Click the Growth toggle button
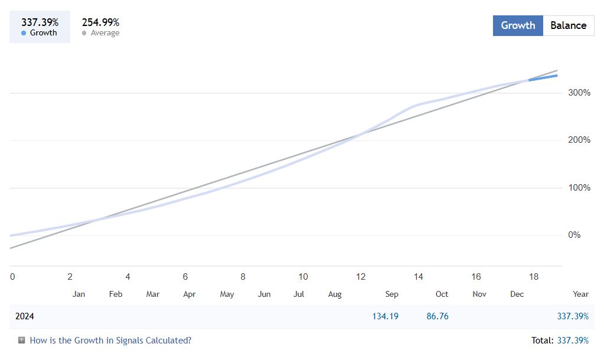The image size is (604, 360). pyautogui.click(x=518, y=25)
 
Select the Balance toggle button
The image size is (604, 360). pyautogui.click(x=568, y=25)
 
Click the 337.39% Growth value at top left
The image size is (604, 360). pyautogui.click(x=40, y=22)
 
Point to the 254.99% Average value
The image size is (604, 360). pyautogui.click(x=100, y=22)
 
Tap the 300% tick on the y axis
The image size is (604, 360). pyautogui.click(x=579, y=93)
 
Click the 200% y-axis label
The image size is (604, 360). pyautogui.click(x=579, y=140)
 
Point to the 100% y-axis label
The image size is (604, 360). pyautogui.click(x=579, y=188)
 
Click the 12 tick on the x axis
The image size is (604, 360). pyautogui.click(x=361, y=276)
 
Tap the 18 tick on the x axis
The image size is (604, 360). pyautogui.click(x=534, y=276)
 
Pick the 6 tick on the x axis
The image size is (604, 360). pyautogui.click(x=185, y=276)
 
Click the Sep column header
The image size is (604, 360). pyautogui.click(x=391, y=294)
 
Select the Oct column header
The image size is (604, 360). pyautogui.click(x=442, y=294)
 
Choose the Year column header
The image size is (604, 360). pyautogui.click(x=580, y=294)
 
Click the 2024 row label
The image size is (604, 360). pyautogui.click(x=25, y=316)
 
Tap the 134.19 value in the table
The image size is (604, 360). pyautogui.click(x=385, y=316)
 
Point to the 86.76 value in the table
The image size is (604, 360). pyautogui.click(x=438, y=316)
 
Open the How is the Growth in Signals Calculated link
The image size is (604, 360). pyautogui.click(x=110, y=340)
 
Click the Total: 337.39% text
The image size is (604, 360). pyautogui.click(x=560, y=340)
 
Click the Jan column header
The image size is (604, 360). pyautogui.click(x=79, y=294)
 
